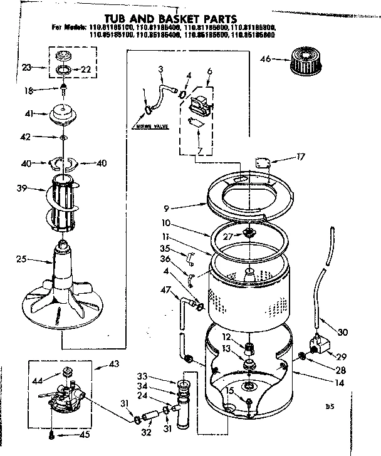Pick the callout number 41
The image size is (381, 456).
[x=28, y=114]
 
